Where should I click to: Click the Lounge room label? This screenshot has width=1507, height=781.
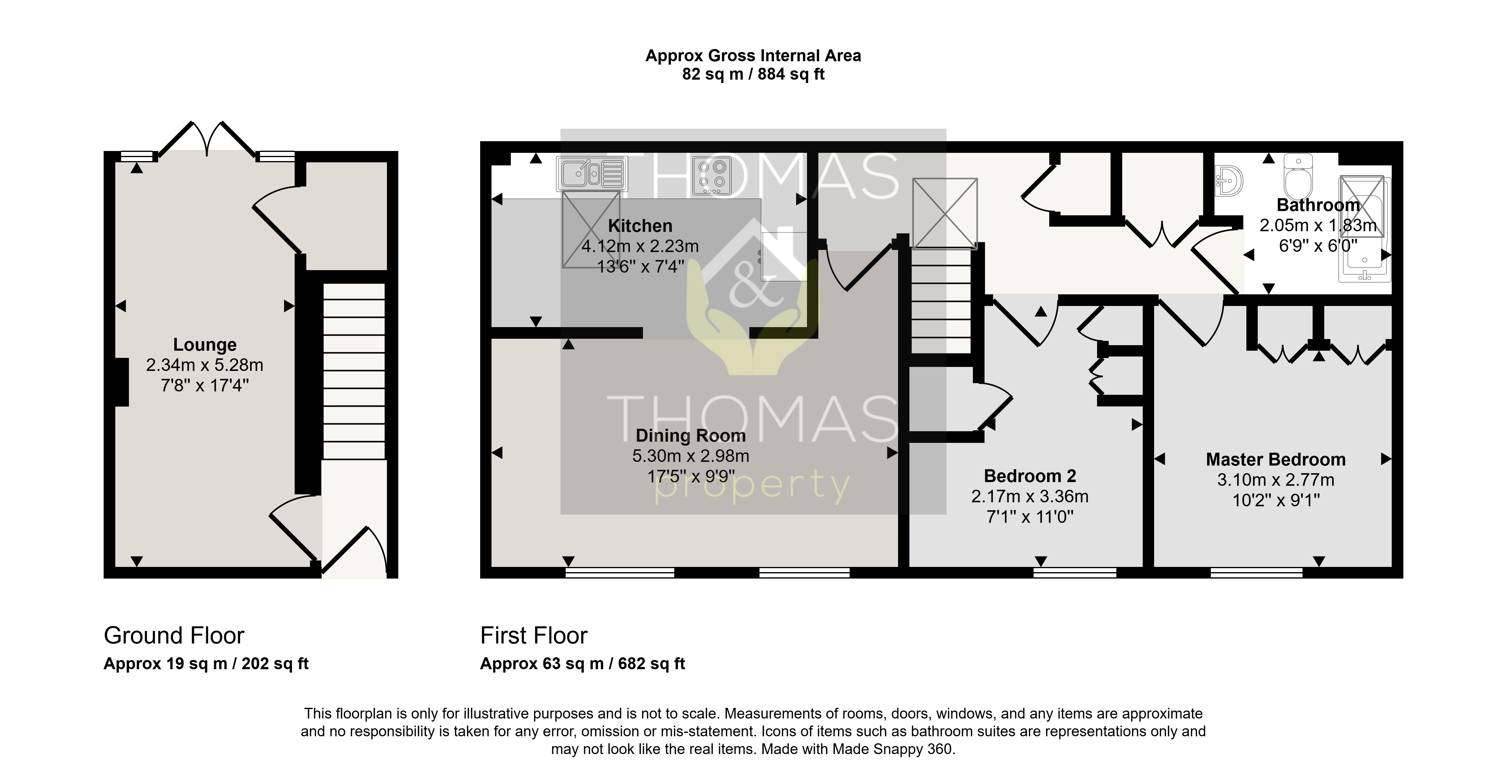point(205,345)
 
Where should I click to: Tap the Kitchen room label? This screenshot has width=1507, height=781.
point(640,226)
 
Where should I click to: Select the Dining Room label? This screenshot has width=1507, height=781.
point(691,436)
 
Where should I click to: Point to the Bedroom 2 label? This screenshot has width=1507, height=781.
point(1030,476)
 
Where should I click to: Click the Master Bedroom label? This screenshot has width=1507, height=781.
point(1276,459)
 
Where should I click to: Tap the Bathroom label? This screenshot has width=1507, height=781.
point(1318,205)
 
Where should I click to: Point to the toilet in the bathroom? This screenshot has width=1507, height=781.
point(1299,176)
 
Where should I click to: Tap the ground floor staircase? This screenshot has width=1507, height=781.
point(354,371)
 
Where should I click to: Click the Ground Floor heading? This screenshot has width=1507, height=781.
point(174,636)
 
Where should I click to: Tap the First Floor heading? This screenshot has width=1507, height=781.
point(534,636)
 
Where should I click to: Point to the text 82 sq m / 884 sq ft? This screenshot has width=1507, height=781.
point(754,74)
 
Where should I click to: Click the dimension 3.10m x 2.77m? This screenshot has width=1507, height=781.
point(1276,480)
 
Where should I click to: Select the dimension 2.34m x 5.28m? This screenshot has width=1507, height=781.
point(205,365)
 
